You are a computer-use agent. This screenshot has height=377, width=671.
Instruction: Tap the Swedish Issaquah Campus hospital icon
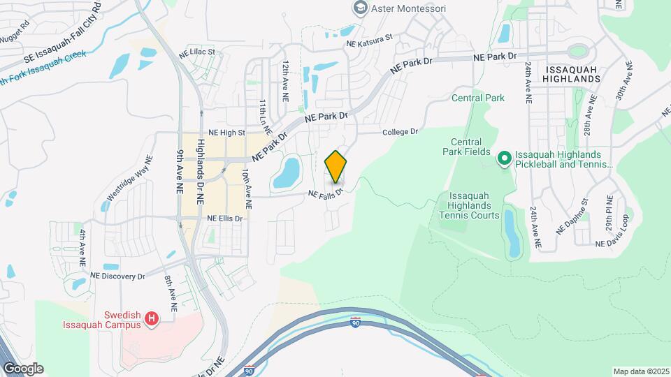[152, 320]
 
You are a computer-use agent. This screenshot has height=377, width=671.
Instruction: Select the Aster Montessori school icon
[361, 8]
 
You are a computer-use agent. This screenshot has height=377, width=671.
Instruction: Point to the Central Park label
[478, 98]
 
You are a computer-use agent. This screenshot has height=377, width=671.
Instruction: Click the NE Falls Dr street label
[326, 192]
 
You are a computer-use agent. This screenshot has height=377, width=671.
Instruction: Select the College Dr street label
[400, 131]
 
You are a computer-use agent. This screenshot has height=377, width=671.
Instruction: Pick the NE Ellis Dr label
[224, 218]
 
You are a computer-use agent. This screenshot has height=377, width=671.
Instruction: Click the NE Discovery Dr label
[117, 276]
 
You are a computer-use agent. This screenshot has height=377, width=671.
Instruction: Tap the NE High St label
[227, 132]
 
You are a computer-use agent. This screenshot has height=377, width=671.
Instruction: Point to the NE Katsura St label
[370, 43]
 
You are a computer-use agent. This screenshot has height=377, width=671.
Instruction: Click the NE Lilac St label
[196, 52]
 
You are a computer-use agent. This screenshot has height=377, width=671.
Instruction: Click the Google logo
[22, 369]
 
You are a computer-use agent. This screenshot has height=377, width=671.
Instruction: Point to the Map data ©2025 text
[641, 371]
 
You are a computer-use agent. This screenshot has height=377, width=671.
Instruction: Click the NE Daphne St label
[572, 219]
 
